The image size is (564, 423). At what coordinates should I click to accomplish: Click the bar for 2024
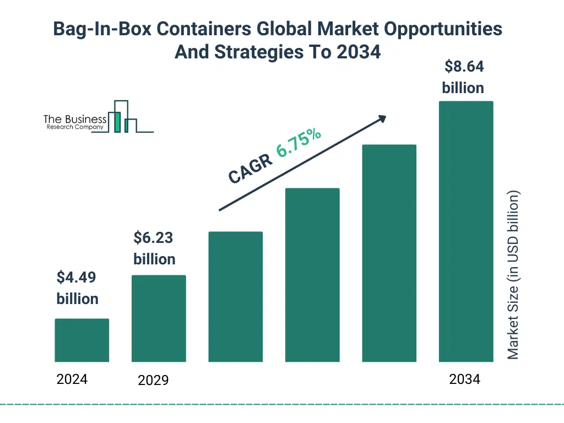click(82, 340)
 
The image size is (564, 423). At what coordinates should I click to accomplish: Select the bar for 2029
click(159, 318)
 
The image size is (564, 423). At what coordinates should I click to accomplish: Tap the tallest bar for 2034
click(465, 231)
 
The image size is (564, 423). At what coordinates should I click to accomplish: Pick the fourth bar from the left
click(312, 275)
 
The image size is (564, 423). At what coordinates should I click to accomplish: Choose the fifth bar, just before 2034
click(389, 253)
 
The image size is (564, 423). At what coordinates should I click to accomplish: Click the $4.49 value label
click(77, 288)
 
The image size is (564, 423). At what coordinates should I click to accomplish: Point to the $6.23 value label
click(154, 248)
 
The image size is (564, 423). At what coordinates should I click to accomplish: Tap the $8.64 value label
click(463, 77)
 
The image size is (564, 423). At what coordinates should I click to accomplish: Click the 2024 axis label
click(72, 379)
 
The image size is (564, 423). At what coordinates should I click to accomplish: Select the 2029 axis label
click(153, 380)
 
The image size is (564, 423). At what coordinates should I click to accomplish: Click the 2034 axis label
click(464, 379)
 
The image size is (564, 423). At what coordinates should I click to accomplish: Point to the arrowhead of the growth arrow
click(381, 118)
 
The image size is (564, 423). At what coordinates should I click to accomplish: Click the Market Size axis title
click(513, 275)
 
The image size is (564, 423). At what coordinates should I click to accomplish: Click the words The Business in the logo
click(75, 120)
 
